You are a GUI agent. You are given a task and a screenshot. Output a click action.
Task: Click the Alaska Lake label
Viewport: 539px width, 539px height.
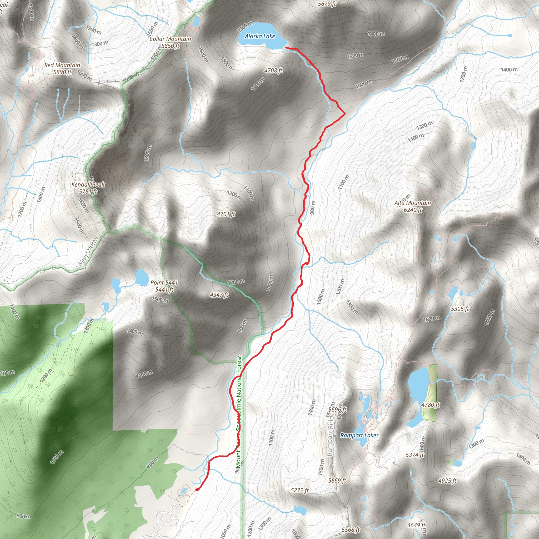pyautogui.click(x=260, y=36)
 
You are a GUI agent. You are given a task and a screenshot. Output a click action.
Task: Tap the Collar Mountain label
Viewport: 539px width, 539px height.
pyautogui.click(x=170, y=39)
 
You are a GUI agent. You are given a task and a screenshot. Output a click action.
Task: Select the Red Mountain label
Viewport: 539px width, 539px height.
pyautogui.click(x=62, y=65)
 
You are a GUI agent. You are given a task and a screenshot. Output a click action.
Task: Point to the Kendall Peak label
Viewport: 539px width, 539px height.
pyautogui.click(x=88, y=185)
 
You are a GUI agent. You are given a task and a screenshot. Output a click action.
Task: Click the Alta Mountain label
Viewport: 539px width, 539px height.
pyautogui.click(x=413, y=203)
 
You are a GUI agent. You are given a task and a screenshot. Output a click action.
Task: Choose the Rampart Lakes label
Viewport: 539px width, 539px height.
pyautogui.click(x=359, y=436)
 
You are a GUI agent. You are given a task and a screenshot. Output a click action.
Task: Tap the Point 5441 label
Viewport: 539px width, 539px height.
pyautogui.click(x=164, y=283)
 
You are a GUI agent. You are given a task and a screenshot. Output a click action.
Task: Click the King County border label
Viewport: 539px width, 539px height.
pyautogui.click(x=88, y=251)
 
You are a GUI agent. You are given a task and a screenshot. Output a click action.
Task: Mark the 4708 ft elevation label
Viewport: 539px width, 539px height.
pyautogui.click(x=273, y=71)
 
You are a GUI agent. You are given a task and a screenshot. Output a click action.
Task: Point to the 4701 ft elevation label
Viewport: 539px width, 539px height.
pyautogui.click(x=226, y=214)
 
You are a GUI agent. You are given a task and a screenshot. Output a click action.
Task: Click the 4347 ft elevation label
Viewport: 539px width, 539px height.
pyautogui.click(x=219, y=295)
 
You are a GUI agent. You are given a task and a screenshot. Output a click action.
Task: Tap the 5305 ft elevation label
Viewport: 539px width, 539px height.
pyautogui.click(x=460, y=309)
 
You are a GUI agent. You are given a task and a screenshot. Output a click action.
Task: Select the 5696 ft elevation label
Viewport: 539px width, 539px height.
pyautogui.click(x=337, y=410)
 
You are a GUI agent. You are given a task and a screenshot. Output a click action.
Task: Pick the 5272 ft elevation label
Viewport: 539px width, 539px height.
pyautogui.click(x=300, y=490)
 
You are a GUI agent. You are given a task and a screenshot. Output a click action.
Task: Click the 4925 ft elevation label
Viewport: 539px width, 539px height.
pyautogui.click(x=447, y=480)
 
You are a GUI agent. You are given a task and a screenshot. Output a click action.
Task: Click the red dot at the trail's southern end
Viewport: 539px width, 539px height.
pyautogui.click(x=197, y=489)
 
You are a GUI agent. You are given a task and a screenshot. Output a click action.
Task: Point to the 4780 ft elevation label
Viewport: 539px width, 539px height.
pyautogui.click(x=431, y=405)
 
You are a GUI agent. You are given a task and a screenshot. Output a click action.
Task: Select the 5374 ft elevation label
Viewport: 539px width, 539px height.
pyautogui.click(x=415, y=455)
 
